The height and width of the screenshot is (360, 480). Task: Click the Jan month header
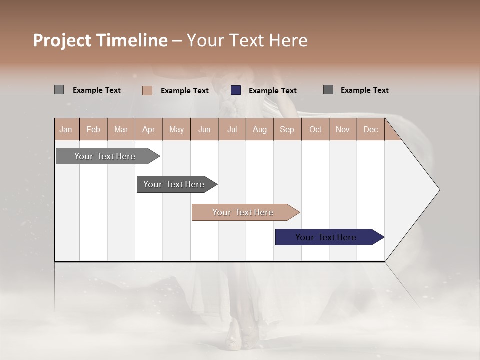coord(66,129)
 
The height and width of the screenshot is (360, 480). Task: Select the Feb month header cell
coord(93,129)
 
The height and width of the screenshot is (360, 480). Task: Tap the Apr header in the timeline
coord(148,129)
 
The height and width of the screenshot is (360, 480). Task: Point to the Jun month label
coord(204,129)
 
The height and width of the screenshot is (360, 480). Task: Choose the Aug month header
coord(259,129)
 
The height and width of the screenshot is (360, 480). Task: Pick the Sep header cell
coord(287,129)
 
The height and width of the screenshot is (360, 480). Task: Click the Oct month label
coord(315,129)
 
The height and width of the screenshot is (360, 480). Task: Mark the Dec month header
coord(370,129)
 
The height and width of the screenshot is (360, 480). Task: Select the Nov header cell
coord(342,129)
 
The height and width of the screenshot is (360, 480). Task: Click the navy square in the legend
coord(236,90)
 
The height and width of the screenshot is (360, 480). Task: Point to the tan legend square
coord(147,90)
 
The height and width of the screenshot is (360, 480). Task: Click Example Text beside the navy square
coord(272,91)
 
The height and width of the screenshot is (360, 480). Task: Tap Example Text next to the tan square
coord(184,91)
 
